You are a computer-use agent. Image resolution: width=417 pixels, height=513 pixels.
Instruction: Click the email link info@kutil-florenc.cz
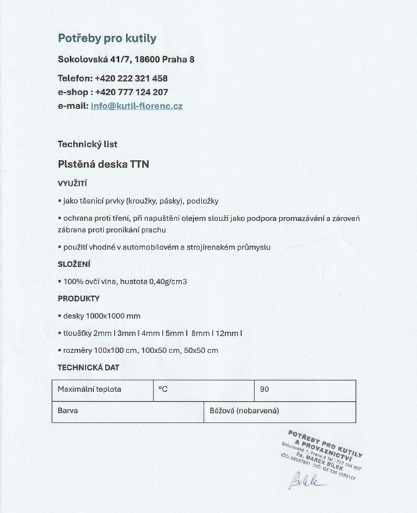[136, 106]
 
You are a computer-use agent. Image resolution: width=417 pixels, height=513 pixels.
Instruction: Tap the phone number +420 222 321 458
[131, 79]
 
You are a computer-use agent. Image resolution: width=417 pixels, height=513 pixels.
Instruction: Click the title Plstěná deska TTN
[104, 165]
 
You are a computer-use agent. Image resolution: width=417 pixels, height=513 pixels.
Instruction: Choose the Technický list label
[88, 145]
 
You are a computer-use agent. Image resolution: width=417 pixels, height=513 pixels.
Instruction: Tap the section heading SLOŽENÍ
[74, 264]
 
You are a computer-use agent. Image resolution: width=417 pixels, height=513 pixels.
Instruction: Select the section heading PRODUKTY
[79, 299]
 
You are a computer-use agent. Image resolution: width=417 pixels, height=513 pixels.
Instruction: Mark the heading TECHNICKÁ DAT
[88, 367]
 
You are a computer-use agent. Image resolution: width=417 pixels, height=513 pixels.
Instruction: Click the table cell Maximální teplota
[90, 389]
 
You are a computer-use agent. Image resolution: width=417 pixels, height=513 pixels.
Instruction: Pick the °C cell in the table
[163, 389]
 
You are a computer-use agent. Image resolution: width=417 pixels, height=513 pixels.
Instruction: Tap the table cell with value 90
[265, 389]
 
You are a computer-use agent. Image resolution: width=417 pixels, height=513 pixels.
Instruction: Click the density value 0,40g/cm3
[165, 282]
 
